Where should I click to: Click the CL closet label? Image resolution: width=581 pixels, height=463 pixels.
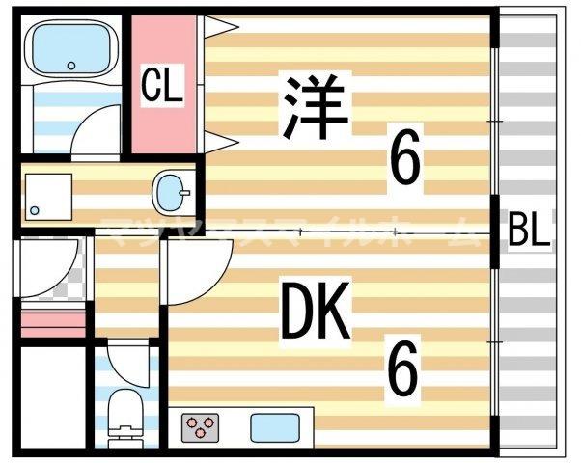[x=163, y=87]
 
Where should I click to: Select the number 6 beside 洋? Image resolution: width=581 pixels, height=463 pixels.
[x=405, y=160]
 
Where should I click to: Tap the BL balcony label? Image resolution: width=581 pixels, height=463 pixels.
[x=529, y=232]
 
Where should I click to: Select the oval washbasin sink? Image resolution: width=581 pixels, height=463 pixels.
[x=174, y=191]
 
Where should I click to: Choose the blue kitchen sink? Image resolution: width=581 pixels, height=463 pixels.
[x=274, y=425]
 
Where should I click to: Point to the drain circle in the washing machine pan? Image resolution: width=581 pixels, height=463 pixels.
[x=36, y=209]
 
